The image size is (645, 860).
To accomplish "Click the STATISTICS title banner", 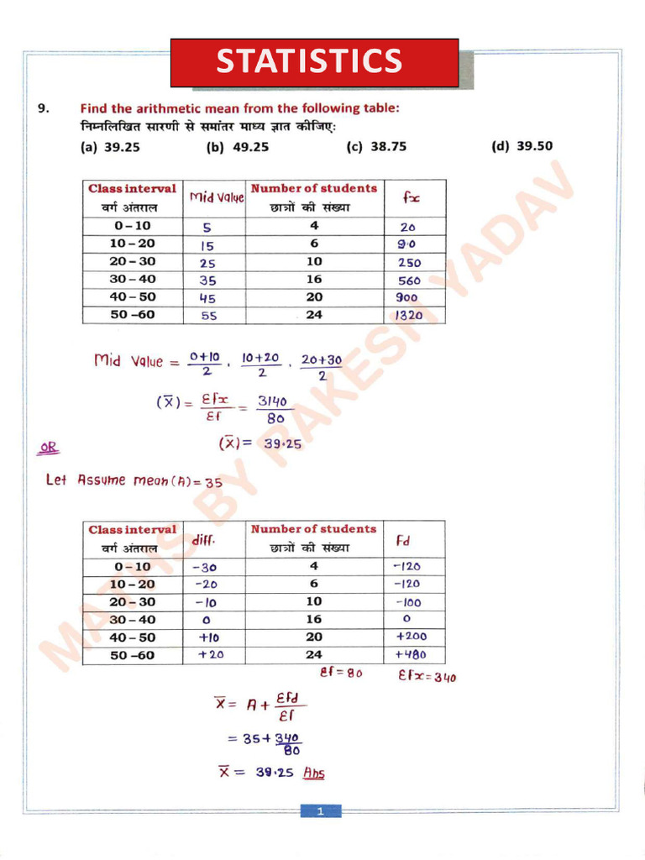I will (x=314, y=62).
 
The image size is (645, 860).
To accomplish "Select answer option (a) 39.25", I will (x=109, y=146).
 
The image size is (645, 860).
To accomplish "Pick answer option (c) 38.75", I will (x=376, y=146).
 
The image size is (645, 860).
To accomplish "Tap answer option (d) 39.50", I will (x=522, y=146).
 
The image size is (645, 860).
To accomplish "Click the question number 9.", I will (x=43, y=108).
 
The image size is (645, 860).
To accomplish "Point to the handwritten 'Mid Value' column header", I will (x=216, y=197).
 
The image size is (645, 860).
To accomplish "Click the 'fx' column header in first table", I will (x=412, y=198).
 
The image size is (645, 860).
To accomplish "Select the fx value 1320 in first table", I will (x=409, y=316).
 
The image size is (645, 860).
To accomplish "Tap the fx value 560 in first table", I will (x=409, y=281).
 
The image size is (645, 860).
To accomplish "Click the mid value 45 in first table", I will (x=207, y=298).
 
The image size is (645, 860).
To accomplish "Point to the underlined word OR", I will (x=49, y=448).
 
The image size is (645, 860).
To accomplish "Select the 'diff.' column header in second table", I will (x=204, y=542).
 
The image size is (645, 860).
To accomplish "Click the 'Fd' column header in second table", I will (x=403, y=542).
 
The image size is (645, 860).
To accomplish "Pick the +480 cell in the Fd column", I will (x=410, y=655).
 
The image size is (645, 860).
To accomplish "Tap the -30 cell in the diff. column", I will (x=205, y=567).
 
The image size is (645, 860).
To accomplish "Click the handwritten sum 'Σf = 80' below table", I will (x=341, y=674).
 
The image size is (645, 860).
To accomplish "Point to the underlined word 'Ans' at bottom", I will (x=313, y=773).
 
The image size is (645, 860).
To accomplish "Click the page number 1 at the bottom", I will (x=321, y=811).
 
